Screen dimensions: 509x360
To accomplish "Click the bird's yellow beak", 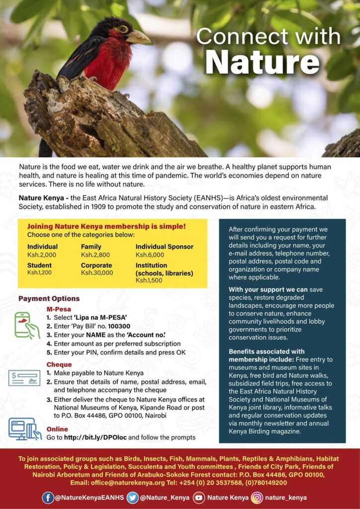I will pos(138,37).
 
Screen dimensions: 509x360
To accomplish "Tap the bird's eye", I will pos(122,29).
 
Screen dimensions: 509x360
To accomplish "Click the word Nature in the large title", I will pos(262,62).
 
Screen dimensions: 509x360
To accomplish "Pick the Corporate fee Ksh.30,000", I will pos(97,273).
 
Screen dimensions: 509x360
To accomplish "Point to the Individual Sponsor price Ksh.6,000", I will pos(150,254).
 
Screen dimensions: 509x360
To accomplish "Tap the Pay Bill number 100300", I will pos(119,327).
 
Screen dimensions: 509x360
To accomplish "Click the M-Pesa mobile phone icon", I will pos(26,325).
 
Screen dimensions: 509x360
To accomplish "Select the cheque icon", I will pos(24,378).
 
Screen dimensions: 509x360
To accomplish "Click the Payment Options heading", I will pos(49,299).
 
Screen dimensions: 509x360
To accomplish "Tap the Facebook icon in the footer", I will pos(48,497).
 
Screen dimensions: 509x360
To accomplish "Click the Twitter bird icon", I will pos(132,497).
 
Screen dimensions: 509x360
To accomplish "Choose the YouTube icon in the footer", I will pos(198,497).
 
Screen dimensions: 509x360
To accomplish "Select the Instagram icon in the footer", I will pos(257,497).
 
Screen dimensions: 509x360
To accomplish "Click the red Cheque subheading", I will pos(59,364).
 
